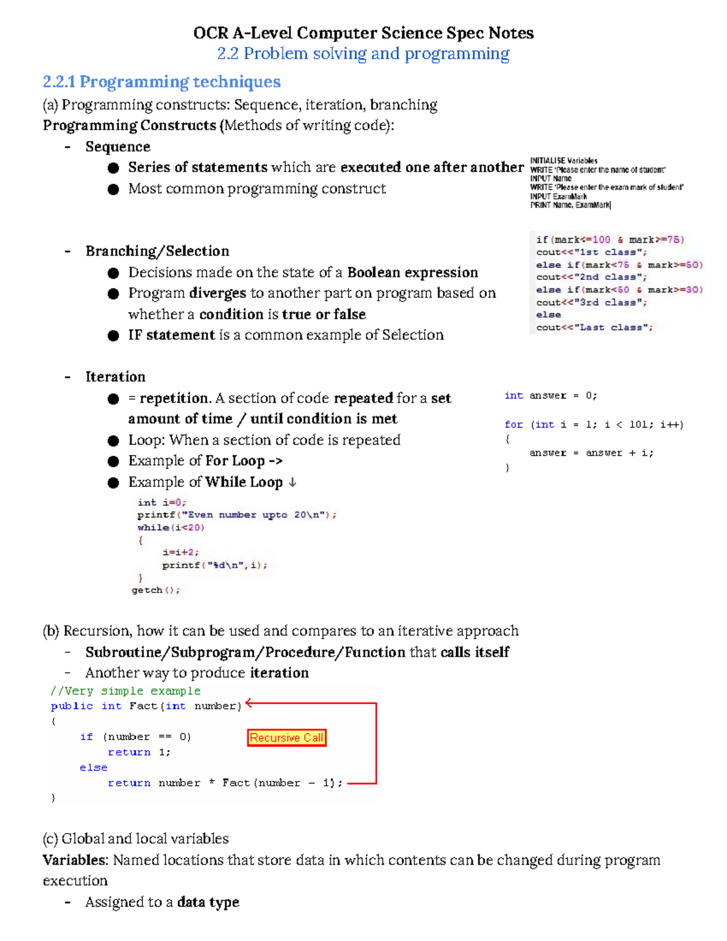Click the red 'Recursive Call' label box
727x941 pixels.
(287, 737)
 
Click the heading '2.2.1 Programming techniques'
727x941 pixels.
(162, 82)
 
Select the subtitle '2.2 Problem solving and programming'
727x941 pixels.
(363, 54)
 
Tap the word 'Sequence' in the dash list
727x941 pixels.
(118, 147)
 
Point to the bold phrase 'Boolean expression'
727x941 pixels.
(413, 273)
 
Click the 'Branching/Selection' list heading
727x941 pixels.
(157, 251)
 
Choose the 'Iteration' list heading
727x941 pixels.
(115, 377)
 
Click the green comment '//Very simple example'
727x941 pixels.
(125, 691)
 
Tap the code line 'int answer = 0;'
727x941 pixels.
(550, 396)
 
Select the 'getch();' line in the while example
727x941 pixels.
(156, 590)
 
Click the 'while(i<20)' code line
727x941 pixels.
(171, 528)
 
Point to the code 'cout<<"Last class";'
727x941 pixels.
(594, 328)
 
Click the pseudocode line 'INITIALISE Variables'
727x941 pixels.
(563, 161)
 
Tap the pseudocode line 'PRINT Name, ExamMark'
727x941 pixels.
(570, 205)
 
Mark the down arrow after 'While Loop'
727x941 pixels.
(292, 482)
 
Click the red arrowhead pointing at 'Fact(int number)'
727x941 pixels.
(249, 703)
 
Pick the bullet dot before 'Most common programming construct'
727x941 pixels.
(113, 189)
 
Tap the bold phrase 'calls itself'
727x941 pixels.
(474, 652)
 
